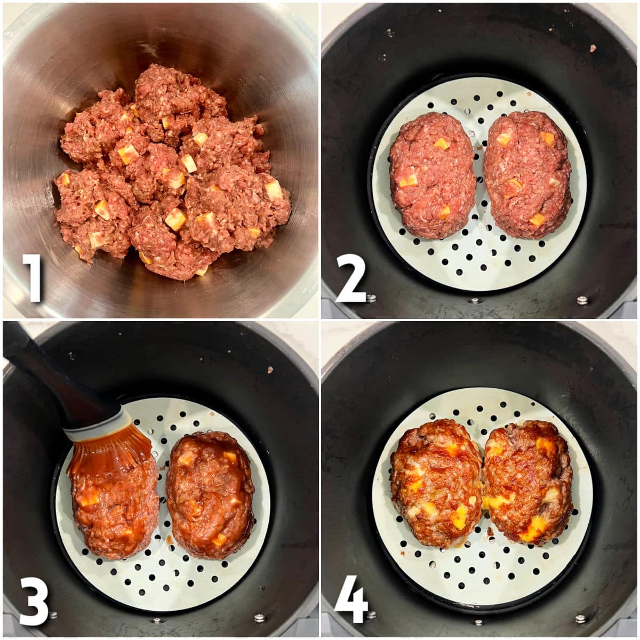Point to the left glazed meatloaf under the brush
click(x=115, y=507)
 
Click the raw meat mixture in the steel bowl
click(x=171, y=176)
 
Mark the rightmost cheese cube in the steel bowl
click(x=274, y=190)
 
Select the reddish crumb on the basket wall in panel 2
click(x=593, y=49)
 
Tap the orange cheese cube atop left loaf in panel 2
click(x=442, y=143)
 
